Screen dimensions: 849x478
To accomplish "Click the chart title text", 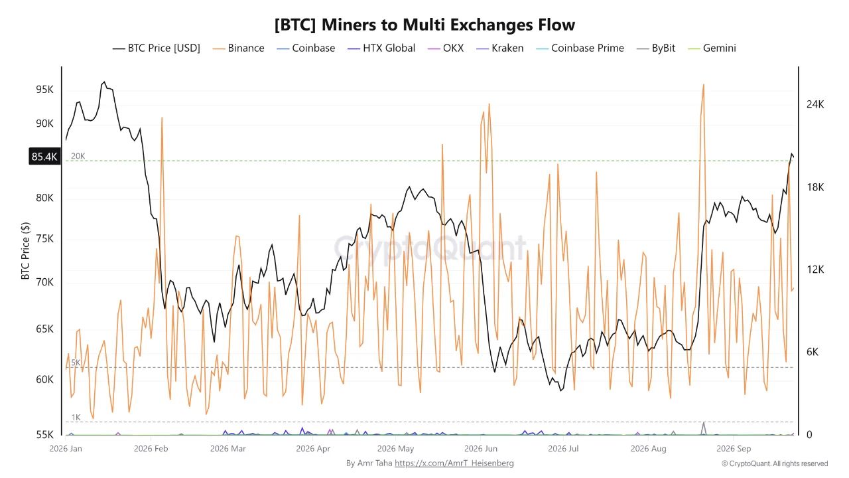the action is pyautogui.click(x=424, y=25).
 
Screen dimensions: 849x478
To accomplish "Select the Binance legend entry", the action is pyautogui.click(x=238, y=48).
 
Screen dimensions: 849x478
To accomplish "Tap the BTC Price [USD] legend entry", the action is pyautogui.click(x=156, y=48).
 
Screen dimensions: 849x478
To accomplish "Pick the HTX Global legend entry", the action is pyautogui.click(x=381, y=48).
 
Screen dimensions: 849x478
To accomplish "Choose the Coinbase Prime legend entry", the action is pyautogui.click(x=580, y=48).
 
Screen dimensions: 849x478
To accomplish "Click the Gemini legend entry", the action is pyautogui.click(x=712, y=48).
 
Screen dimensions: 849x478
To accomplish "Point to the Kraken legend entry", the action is pyautogui.click(x=500, y=48).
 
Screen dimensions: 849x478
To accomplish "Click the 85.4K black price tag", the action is pyautogui.click(x=44, y=156).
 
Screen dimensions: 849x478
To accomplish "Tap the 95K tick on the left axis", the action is pyautogui.click(x=44, y=90).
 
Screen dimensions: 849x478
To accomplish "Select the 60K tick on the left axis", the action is pyautogui.click(x=44, y=379).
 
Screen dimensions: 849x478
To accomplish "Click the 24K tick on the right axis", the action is pyautogui.click(x=815, y=104).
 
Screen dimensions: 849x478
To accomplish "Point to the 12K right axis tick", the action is pyautogui.click(x=815, y=270).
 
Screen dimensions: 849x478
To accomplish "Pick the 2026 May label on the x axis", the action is pyautogui.click(x=395, y=448).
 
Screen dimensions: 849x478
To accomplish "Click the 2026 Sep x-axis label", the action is pyautogui.click(x=734, y=448).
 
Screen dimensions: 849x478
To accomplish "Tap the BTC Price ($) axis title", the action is pyautogui.click(x=25, y=251).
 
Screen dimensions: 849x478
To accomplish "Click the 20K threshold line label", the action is pyautogui.click(x=78, y=156).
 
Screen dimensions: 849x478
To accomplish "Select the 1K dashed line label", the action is pyautogui.click(x=76, y=418).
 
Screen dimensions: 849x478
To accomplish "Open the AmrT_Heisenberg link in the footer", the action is pyautogui.click(x=454, y=463).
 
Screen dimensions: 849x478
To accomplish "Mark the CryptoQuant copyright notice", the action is pyautogui.click(x=775, y=463).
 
